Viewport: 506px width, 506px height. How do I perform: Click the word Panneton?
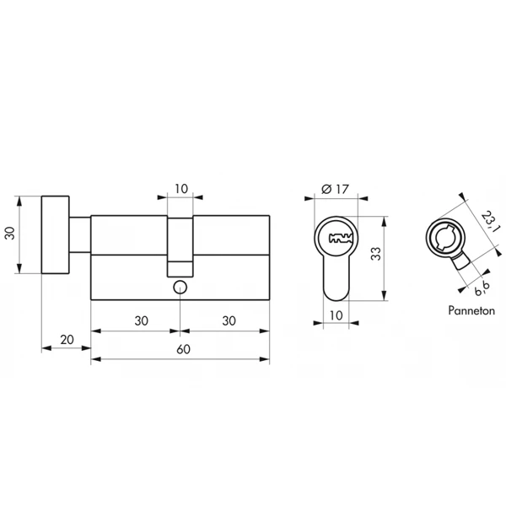click(471, 310)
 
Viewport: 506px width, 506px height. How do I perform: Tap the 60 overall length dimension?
click(183, 349)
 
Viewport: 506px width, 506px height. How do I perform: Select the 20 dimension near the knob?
click(67, 340)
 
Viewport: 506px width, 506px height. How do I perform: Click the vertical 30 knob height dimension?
click(10, 233)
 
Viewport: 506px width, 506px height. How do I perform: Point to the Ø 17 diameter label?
click(336, 189)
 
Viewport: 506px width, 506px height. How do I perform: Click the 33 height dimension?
click(376, 254)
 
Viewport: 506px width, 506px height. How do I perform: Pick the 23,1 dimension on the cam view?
click(489, 222)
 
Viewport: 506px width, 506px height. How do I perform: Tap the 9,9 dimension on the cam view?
click(482, 288)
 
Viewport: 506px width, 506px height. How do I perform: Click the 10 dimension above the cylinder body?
click(181, 189)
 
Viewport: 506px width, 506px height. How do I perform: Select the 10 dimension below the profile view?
click(336, 315)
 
